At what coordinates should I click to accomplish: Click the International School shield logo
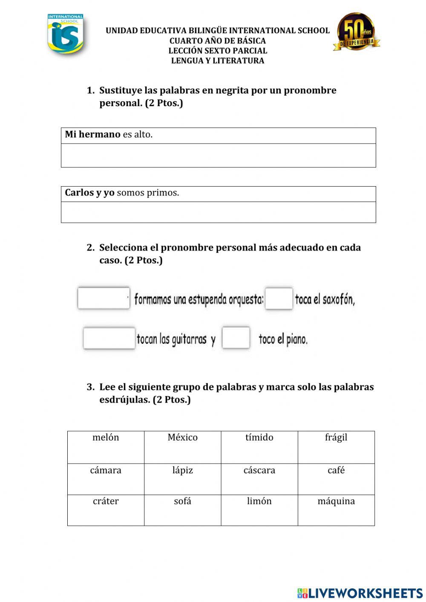65,34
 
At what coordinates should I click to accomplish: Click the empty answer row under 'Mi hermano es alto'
218,156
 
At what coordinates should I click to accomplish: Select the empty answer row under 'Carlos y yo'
218,212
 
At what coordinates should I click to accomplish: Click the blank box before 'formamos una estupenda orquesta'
104,298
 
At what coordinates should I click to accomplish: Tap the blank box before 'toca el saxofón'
279,298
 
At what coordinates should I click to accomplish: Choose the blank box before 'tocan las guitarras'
109,338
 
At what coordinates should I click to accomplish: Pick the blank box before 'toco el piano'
236,338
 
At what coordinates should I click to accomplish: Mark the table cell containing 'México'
182,447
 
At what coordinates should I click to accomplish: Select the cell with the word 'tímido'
259,447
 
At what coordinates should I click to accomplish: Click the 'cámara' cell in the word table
106,479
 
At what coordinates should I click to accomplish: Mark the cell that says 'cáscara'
259,479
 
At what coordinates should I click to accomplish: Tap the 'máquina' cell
336,510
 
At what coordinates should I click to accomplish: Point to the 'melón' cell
106,447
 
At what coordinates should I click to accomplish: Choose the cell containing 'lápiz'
182,479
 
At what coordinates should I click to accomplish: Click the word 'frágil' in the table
336,438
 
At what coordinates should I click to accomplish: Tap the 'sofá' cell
182,510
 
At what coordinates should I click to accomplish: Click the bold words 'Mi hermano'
92,135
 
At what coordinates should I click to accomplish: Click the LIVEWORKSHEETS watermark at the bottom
360,593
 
